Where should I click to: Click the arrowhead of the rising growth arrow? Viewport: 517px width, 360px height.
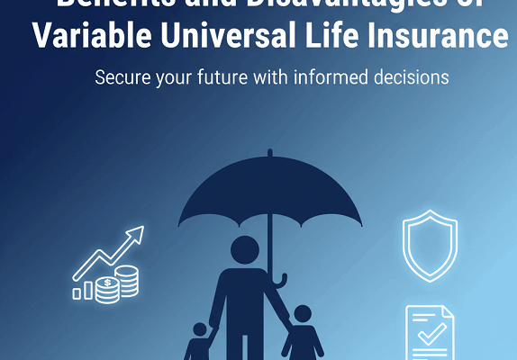click(x=136, y=235)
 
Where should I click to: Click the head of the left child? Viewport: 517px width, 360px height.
click(x=200, y=330)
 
